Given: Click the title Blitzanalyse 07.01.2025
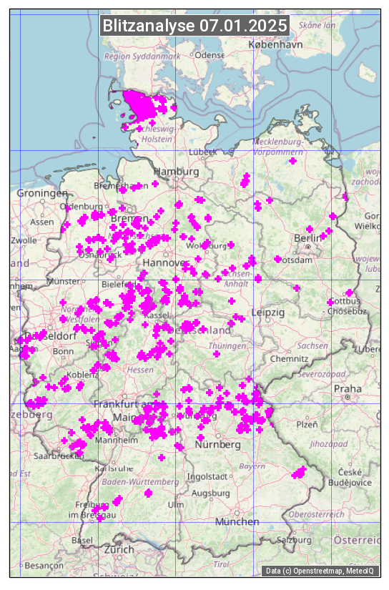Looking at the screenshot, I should tap(194, 26).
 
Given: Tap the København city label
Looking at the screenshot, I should tap(275, 44).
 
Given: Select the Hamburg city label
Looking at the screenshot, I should tap(176, 172).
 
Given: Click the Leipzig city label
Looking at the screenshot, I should tap(268, 313).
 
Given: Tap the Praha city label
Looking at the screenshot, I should tap(348, 388).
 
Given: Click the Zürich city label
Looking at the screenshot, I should tap(119, 549).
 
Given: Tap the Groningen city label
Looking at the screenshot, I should tap(42, 193).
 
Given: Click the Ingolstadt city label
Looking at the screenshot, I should tap(207, 476).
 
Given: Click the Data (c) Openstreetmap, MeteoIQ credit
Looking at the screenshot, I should tap(321, 571).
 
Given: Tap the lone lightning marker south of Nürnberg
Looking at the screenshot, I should tap(162, 458).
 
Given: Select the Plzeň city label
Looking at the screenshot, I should tap(307, 425).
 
